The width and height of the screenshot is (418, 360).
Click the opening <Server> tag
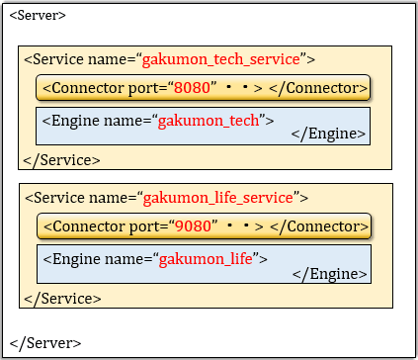pos(38,17)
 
